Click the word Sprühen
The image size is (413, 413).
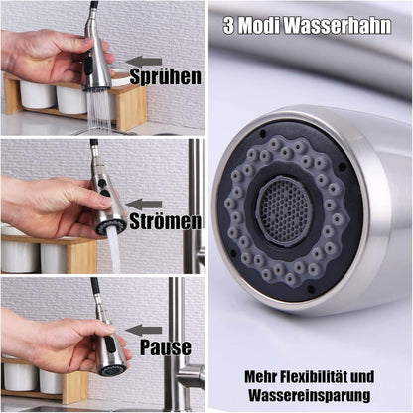(166, 77)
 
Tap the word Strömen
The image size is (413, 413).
(165, 221)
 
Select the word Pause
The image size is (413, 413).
(166, 347)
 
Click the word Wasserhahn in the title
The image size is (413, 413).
(338, 25)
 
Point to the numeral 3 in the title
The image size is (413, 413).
(228, 26)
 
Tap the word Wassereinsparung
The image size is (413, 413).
(310, 395)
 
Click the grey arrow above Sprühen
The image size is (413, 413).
(144, 62)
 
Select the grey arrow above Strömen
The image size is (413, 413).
(144, 205)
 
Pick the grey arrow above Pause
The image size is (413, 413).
(144, 330)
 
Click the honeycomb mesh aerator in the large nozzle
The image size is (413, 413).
(285, 211)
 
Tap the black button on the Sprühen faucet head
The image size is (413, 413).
(88, 66)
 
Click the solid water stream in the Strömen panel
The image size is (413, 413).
(113, 250)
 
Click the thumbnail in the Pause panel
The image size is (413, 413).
(110, 329)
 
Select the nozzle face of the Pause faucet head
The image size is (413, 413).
(113, 370)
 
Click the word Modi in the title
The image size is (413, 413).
(259, 26)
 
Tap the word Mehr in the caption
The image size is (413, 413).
(260, 377)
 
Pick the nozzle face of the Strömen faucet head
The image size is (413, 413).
(110, 226)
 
